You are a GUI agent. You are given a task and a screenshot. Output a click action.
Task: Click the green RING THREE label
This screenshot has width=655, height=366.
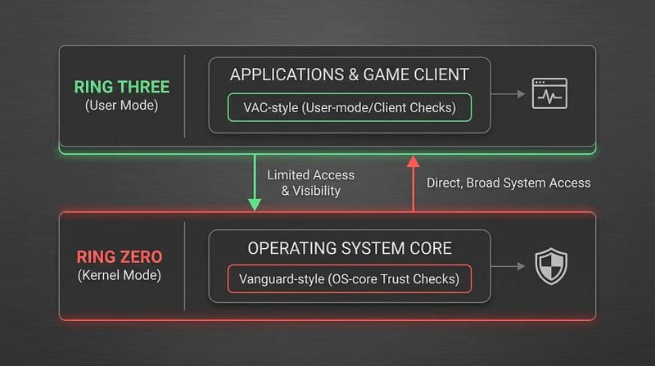click(x=121, y=87)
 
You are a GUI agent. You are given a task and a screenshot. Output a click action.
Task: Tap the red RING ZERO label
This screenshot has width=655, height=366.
click(x=120, y=257)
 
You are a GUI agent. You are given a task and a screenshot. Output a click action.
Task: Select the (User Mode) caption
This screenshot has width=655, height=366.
click(x=121, y=106)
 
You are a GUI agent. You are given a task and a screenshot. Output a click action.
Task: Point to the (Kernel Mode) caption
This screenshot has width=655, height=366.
click(x=120, y=275)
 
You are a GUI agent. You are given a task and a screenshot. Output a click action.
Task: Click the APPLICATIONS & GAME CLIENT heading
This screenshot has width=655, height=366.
click(x=350, y=75)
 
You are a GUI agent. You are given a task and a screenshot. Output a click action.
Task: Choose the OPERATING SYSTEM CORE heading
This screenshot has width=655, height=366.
click(x=350, y=248)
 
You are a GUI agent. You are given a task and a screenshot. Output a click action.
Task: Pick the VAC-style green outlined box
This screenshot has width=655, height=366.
click(x=350, y=108)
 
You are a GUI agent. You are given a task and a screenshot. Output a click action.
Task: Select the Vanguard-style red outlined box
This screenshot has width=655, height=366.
click(x=350, y=278)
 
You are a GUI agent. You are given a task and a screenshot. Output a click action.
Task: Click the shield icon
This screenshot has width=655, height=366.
click(x=551, y=266)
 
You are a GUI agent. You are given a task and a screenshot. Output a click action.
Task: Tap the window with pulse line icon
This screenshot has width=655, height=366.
click(x=549, y=93)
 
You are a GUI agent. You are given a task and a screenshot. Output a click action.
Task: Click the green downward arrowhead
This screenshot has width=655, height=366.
click(x=255, y=205)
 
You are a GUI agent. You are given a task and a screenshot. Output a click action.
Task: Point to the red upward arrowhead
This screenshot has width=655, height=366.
click(x=413, y=161)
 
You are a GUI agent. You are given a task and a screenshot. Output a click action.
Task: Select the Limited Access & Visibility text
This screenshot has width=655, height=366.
click(x=311, y=183)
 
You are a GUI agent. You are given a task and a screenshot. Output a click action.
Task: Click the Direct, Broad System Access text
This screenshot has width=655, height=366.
click(x=508, y=183)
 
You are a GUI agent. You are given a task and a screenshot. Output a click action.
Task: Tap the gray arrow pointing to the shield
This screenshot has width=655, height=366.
click(x=508, y=266)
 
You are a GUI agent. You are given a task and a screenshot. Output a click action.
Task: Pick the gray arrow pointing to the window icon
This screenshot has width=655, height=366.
click(x=508, y=94)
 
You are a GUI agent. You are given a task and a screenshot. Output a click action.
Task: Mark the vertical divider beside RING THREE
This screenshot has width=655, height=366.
click(x=184, y=96)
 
